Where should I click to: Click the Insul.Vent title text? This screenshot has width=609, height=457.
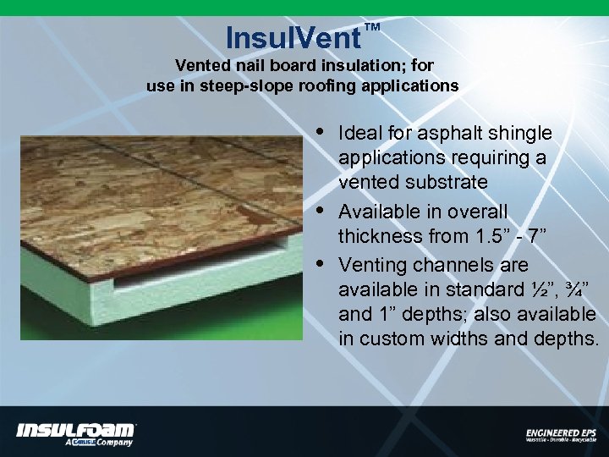point(294,38)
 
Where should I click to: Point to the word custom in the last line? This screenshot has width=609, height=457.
point(388,340)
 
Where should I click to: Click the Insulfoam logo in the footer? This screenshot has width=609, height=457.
point(76,432)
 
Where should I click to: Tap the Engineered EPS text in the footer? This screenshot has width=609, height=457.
point(560,432)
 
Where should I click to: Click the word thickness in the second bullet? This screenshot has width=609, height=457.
point(376,236)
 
